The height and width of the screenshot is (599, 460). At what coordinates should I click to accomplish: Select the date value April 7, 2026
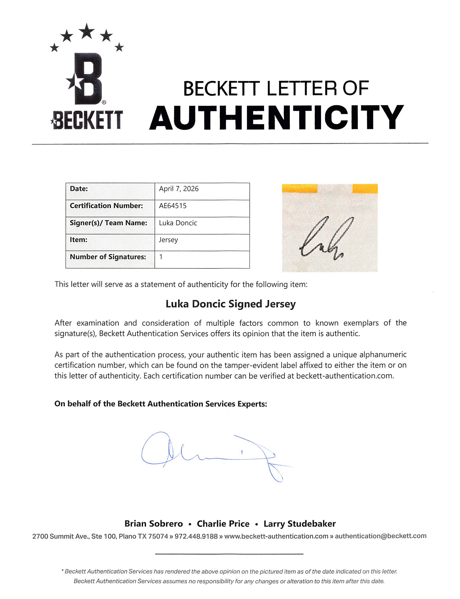tap(179, 189)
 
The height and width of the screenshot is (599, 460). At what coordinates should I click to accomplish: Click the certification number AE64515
tap(173, 206)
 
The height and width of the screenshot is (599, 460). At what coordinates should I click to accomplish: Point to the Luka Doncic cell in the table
tap(178, 223)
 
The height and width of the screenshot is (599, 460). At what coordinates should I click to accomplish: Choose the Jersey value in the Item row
tap(168, 240)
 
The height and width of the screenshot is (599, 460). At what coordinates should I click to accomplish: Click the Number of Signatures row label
tap(108, 257)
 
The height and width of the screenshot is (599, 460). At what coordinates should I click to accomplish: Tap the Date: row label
tap(79, 189)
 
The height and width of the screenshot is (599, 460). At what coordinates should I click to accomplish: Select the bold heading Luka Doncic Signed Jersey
tap(231, 304)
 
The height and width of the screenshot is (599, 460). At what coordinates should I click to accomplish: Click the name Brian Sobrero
tap(154, 524)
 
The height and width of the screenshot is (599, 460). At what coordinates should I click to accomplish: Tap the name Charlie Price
tap(223, 524)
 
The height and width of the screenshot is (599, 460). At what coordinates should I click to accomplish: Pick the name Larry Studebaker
tap(300, 524)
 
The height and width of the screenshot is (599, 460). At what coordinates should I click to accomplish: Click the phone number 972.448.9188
tap(196, 536)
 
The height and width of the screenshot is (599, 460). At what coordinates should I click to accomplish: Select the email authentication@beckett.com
tap(380, 536)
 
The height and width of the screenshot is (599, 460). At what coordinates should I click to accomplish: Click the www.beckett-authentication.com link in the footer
tap(276, 536)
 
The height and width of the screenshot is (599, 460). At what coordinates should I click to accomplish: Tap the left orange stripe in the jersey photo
tap(300, 188)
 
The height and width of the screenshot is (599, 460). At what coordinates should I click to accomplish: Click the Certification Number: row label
tap(106, 206)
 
